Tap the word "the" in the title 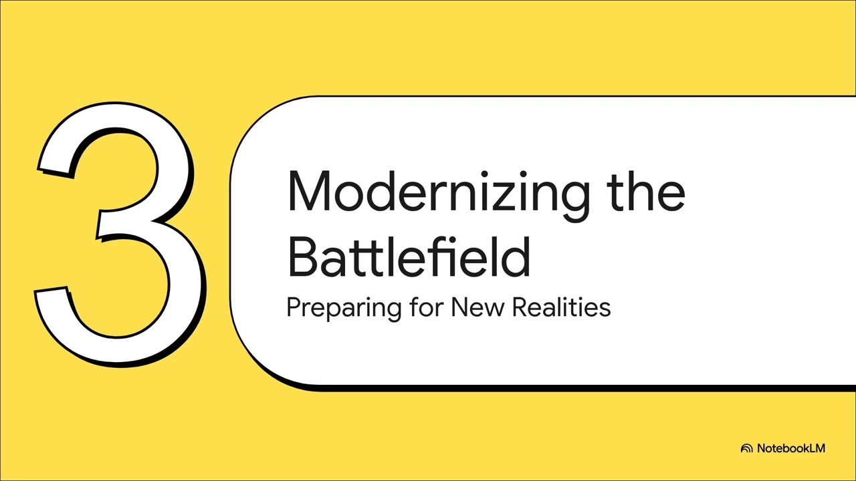pyautogui.click(x=646, y=192)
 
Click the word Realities pyautogui.click(x=561, y=307)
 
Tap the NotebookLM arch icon pyautogui.click(x=747, y=448)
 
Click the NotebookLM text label pyautogui.click(x=791, y=448)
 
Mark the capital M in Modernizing pyautogui.click(x=307, y=192)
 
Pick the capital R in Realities pyautogui.click(x=519, y=307)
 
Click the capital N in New pyautogui.click(x=459, y=307)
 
